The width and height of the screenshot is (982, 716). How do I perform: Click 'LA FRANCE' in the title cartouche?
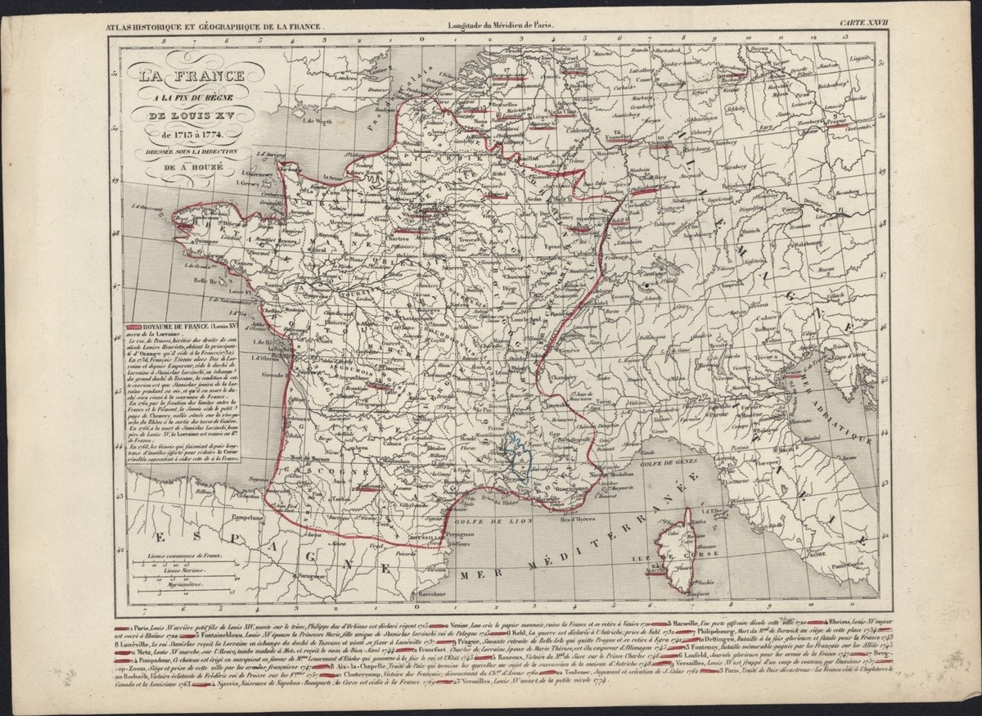[x=193, y=78]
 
